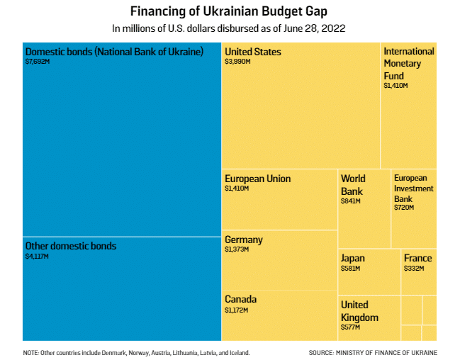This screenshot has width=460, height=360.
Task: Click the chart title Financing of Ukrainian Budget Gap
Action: click(x=230, y=12)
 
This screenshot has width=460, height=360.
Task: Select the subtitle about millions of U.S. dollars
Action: click(x=230, y=28)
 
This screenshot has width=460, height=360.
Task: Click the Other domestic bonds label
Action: click(x=71, y=246)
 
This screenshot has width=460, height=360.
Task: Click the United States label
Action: click(x=253, y=52)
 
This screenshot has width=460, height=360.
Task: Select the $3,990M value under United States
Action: click(x=237, y=62)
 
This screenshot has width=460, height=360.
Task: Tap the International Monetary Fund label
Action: click(x=408, y=64)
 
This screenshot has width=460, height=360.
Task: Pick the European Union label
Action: click(x=257, y=179)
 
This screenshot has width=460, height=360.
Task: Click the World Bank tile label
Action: click(x=353, y=185)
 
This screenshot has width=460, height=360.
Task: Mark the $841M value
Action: click(x=351, y=201)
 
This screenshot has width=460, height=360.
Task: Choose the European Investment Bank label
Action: click(x=413, y=189)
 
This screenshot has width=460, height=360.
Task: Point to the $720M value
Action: click(x=404, y=208)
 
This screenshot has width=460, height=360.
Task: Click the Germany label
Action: click(x=243, y=240)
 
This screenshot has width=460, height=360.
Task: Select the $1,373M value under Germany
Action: click(x=237, y=250)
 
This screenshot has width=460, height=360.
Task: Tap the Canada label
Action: click(x=240, y=299)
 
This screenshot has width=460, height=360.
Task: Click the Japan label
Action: click(x=353, y=258)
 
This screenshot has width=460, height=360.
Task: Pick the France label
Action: click(x=417, y=258)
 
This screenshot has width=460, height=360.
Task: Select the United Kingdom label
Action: click(x=359, y=310)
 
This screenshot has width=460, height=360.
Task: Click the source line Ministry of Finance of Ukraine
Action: click(x=373, y=352)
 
